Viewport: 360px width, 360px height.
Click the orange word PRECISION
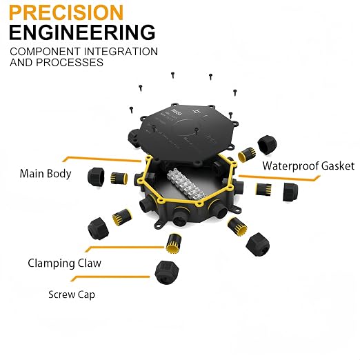point(66,12)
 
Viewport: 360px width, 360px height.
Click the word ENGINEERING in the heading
point(82,32)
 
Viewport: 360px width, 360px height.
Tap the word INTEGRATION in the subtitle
point(121,52)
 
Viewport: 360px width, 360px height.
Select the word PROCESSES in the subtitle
point(70,62)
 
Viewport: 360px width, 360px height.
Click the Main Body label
point(46,174)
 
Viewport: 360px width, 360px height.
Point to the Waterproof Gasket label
point(308,166)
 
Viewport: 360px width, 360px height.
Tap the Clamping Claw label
point(65,263)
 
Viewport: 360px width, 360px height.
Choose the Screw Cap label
point(72,294)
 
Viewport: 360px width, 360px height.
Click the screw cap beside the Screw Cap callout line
point(167,272)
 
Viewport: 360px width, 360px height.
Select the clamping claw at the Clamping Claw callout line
point(174,243)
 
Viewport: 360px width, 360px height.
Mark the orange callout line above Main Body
point(102,159)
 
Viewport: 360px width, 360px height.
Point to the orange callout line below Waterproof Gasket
point(279,177)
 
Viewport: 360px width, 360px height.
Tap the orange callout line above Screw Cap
point(110,278)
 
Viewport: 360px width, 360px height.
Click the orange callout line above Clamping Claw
point(124,248)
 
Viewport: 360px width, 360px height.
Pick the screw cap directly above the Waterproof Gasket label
point(267,144)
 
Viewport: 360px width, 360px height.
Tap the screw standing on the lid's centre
point(196,132)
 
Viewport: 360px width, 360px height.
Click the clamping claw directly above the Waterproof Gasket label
point(247,154)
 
